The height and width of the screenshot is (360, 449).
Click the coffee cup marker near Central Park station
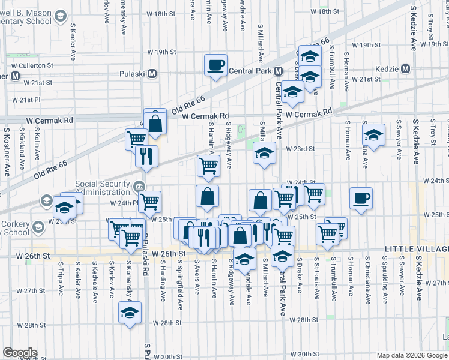click(215, 65)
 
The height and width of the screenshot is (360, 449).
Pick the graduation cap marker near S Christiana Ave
click(373, 135)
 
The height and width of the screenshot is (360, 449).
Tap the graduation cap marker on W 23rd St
click(264, 153)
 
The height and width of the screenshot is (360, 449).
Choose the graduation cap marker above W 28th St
click(130, 313)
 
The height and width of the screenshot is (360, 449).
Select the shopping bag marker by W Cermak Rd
click(155, 123)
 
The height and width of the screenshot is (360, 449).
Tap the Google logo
click(20, 353)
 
